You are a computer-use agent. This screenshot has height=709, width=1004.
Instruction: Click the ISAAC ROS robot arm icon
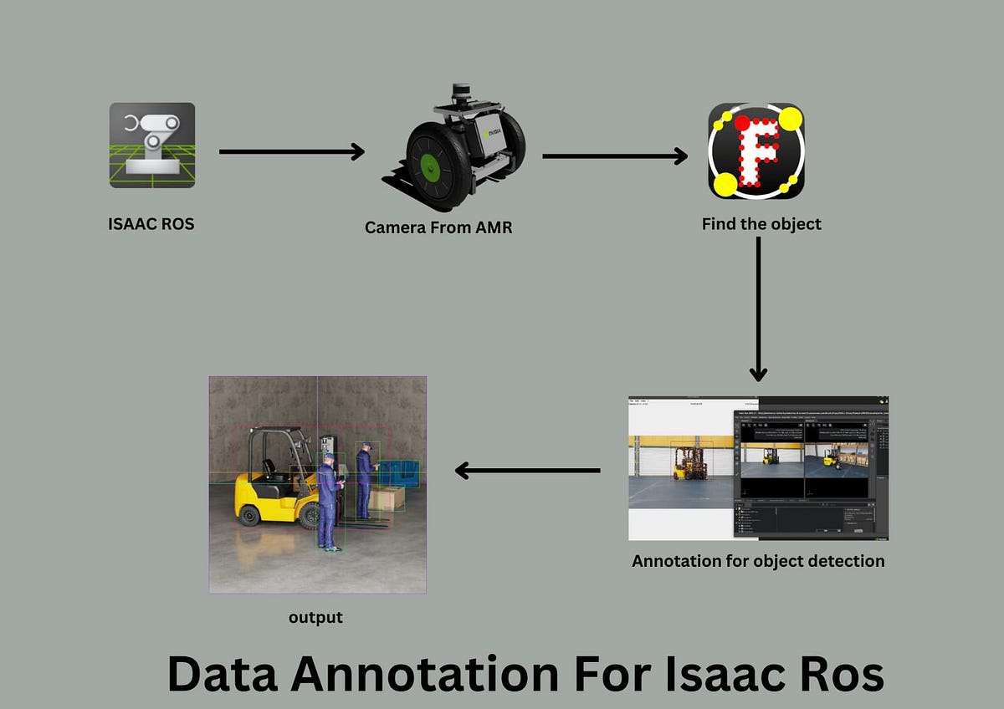coord(152,145)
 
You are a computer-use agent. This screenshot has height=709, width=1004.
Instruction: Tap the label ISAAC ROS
coord(151,223)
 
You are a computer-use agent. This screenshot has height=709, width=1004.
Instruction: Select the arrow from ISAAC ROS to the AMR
coord(291,151)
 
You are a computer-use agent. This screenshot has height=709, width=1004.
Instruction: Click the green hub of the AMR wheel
coord(431,166)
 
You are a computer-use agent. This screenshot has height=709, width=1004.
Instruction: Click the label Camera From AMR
coord(438,227)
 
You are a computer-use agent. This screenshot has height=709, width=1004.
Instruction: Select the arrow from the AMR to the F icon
coord(614,156)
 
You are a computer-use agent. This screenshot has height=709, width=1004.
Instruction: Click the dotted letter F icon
coord(756,151)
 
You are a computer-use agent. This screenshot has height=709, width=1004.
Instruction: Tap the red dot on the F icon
coord(741,124)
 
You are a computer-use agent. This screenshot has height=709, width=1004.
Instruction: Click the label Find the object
coord(761,224)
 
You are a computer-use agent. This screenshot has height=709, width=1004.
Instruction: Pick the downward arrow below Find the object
coord(758,309)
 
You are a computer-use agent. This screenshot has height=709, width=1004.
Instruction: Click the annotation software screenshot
coord(758,468)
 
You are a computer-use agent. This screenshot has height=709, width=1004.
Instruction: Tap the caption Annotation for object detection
coord(758,561)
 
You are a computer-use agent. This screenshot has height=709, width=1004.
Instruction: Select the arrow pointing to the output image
coord(527,471)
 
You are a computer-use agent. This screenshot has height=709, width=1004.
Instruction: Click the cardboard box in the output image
coord(388,498)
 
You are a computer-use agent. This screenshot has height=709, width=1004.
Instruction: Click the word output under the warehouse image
coord(315,618)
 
